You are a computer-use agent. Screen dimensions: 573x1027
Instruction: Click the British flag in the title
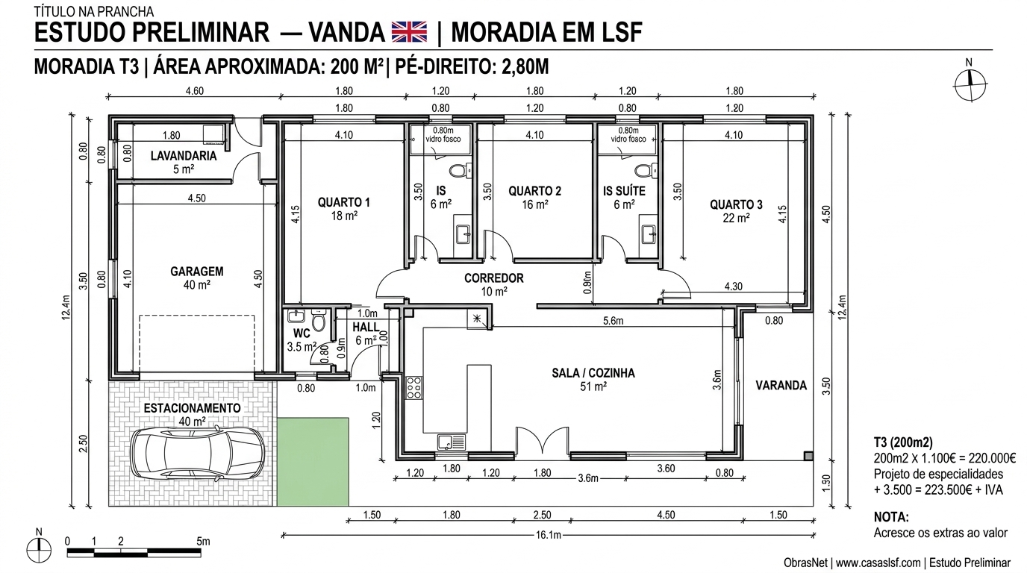click(409, 32)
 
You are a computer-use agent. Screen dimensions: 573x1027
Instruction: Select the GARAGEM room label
click(196, 272)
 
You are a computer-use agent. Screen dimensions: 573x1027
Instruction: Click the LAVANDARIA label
click(184, 156)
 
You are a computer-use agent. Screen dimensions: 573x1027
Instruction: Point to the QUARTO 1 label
click(343, 202)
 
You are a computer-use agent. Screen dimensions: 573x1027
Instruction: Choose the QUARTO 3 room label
click(736, 204)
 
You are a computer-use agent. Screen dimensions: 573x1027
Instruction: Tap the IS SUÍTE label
click(624, 191)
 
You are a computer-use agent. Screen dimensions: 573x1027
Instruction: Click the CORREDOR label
click(493, 278)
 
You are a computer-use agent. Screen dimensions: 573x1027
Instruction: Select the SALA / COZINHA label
click(593, 373)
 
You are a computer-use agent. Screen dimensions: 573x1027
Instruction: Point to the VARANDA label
click(781, 386)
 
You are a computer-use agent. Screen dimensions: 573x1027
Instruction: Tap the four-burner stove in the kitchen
click(414, 388)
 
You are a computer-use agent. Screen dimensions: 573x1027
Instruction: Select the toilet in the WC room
click(319, 322)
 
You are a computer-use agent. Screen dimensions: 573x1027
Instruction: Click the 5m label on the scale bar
click(203, 541)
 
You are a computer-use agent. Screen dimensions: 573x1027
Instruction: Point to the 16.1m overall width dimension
click(548, 535)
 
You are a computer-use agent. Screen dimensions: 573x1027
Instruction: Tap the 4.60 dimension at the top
click(193, 91)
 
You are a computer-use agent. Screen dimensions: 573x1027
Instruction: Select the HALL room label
click(366, 328)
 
